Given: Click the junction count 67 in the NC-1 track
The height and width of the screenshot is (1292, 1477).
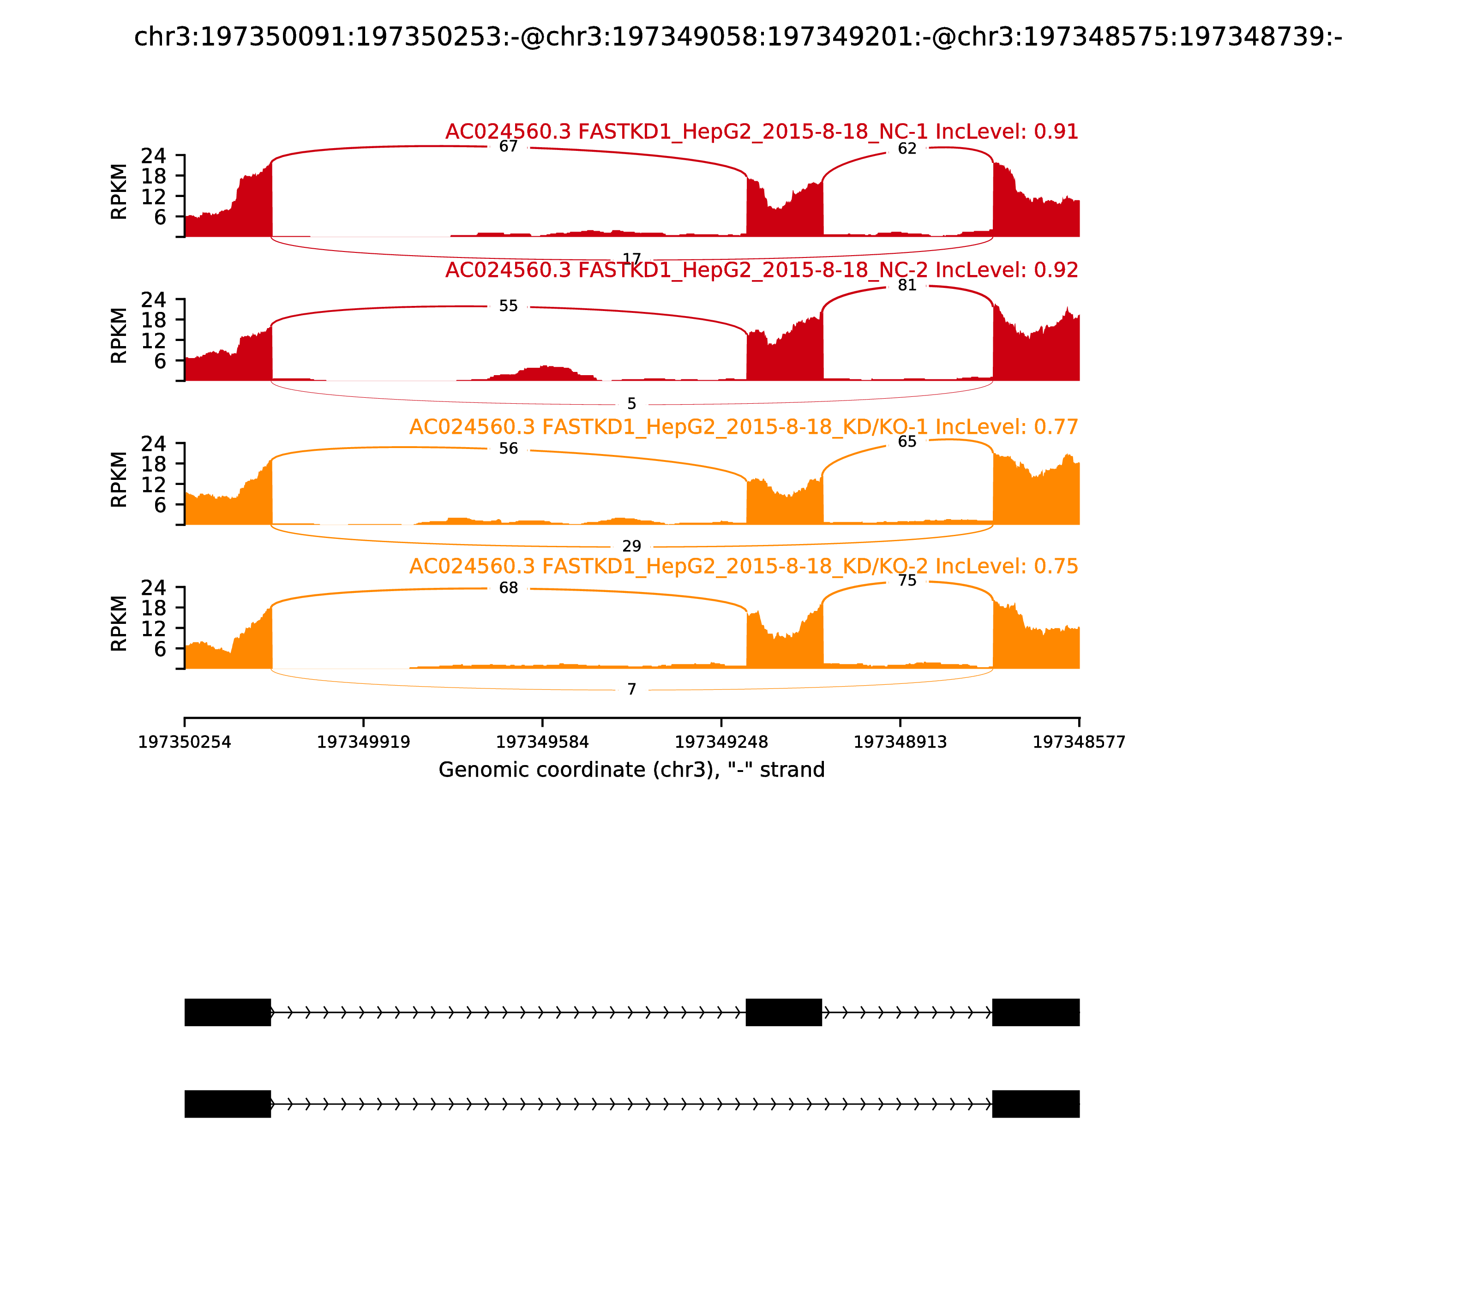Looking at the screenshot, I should (x=509, y=146).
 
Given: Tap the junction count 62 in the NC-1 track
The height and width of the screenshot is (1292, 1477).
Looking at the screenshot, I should (x=907, y=149).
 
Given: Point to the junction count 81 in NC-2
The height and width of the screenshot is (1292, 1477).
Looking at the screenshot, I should (x=907, y=286).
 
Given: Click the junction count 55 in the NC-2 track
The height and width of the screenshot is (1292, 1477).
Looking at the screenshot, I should (x=509, y=306).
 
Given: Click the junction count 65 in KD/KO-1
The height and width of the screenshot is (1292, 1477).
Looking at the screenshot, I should (x=907, y=441).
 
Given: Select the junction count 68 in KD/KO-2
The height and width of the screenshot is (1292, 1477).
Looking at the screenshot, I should (x=509, y=588).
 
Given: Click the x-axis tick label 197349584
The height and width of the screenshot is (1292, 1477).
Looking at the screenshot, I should (x=542, y=742).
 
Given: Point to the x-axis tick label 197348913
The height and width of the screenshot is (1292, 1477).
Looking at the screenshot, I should (x=900, y=742).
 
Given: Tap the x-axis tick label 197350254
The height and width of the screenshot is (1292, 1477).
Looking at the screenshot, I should (x=185, y=742).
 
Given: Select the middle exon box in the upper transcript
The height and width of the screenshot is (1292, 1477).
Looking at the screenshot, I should (x=783, y=1012).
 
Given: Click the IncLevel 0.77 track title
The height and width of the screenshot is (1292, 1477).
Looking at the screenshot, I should (x=743, y=427).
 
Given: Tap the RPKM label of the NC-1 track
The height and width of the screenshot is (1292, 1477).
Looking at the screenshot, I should (x=119, y=192).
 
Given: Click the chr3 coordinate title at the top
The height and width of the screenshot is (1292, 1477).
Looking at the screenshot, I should (x=738, y=37).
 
